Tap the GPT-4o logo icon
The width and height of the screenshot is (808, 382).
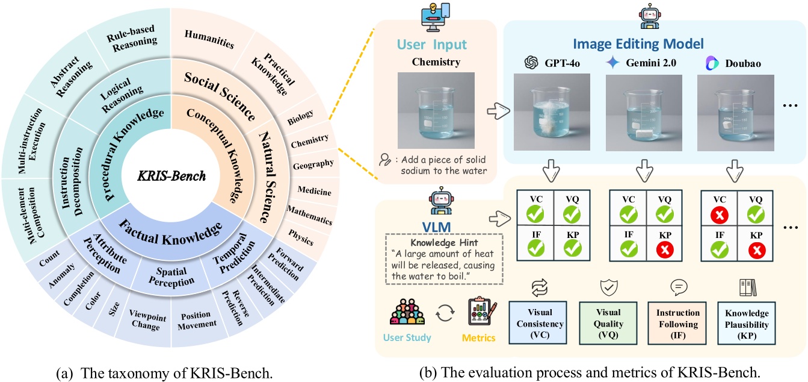530,63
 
